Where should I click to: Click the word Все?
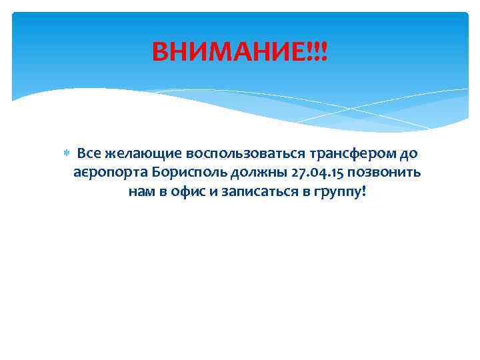(x=89, y=154)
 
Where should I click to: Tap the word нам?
(x=141, y=193)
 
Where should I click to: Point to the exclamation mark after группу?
(x=363, y=192)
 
